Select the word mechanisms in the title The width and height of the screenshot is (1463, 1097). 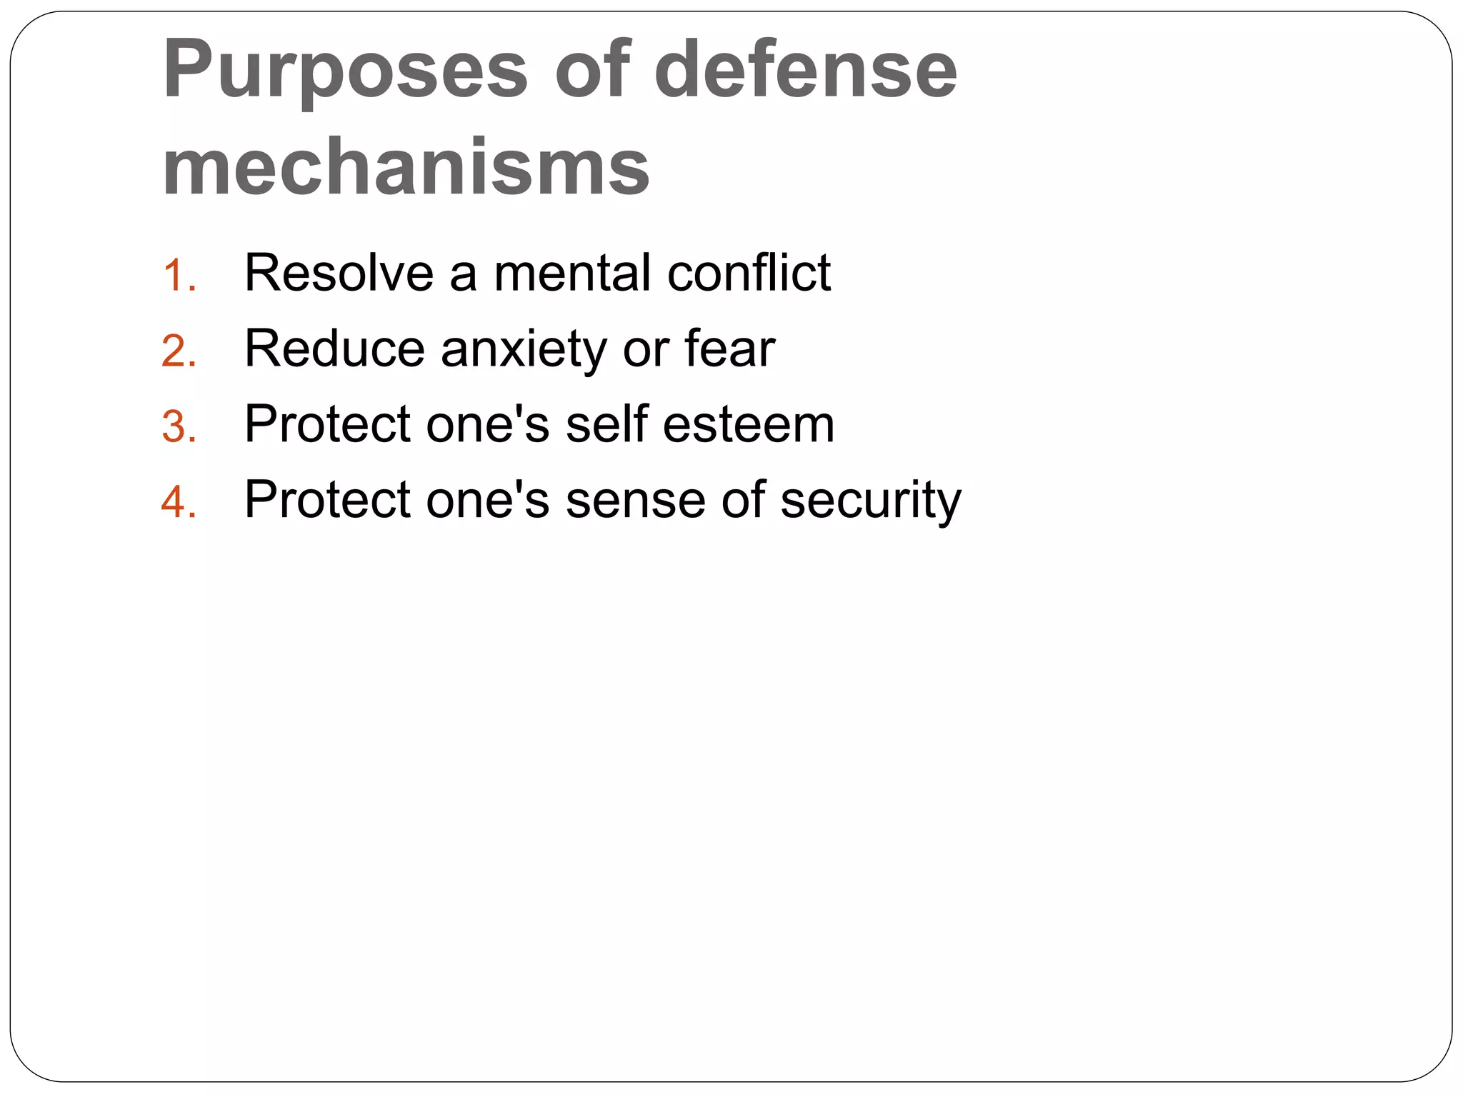pyautogui.click(x=406, y=167)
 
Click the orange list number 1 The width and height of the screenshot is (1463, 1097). pyautogui.click(x=178, y=276)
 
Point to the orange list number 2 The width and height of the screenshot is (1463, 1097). pyautogui.click(x=178, y=351)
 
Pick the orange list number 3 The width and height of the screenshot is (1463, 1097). pyautogui.click(x=178, y=427)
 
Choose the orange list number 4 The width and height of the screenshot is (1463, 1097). pyautogui.click(x=178, y=501)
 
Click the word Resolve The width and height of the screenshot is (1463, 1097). pyautogui.click(x=339, y=273)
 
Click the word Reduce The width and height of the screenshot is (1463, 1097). pyautogui.click(x=334, y=349)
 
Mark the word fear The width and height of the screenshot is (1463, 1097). pyautogui.click(x=729, y=349)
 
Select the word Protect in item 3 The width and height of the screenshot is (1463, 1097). pyautogui.click(x=327, y=424)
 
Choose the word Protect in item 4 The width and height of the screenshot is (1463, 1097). pyautogui.click(x=327, y=499)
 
